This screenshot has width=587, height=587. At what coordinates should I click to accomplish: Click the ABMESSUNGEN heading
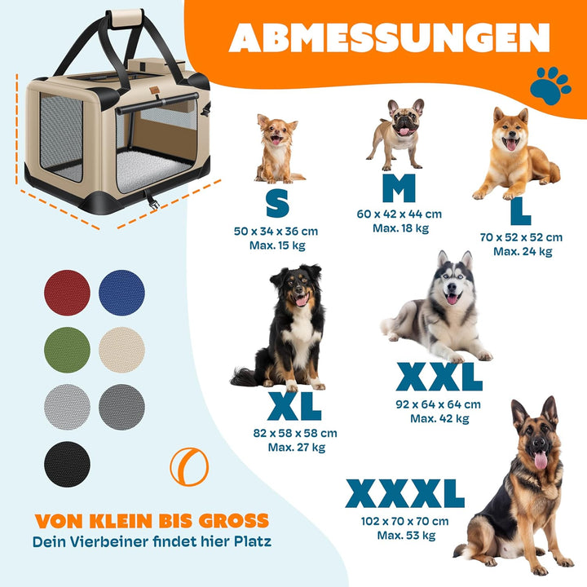tap(389, 38)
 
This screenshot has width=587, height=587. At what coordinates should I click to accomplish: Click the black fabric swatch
tap(68, 464)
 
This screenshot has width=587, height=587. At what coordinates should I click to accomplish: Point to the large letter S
tap(277, 203)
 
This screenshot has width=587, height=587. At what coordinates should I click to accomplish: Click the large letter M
tap(399, 188)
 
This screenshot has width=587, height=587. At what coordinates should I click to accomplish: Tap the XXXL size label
tap(405, 494)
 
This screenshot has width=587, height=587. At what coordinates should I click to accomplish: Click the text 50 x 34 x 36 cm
tap(276, 232)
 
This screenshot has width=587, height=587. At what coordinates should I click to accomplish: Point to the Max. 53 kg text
tap(405, 536)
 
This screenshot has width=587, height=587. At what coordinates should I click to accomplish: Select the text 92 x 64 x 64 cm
tap(439, 404)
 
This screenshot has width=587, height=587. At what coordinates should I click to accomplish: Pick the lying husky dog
tap(440, 314)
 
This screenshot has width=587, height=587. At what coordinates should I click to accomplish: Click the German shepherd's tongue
tap(541, 461)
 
